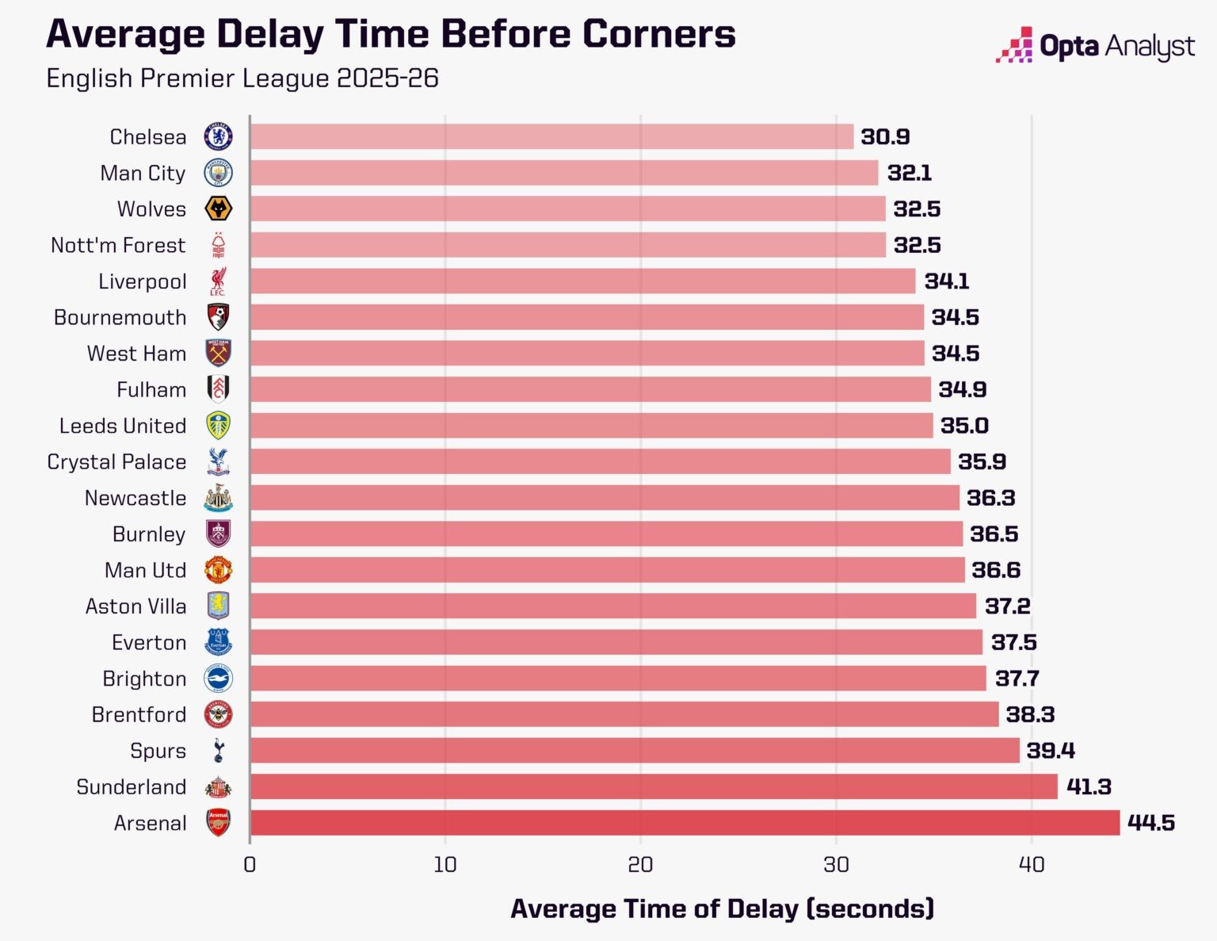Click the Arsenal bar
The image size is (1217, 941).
pos(685,823)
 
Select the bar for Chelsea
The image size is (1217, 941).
pos(551,136)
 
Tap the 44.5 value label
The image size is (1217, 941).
pos(1150,823)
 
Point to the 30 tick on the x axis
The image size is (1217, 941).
pos(836,865)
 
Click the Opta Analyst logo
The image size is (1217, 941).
pos(1095,47)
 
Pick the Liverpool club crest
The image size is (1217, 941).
pos(218,281)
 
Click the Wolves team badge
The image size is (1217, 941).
pos(218,209)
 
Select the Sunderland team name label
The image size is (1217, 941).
pos(132,787)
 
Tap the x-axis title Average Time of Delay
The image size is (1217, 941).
pos(722,908)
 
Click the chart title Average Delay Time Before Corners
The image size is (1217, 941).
pos(391,34)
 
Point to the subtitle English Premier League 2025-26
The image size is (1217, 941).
pos(242,78)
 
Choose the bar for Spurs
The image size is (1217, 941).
pos(634,751)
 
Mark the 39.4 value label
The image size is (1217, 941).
pos(1051,751)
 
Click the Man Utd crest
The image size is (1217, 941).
pos(218,570)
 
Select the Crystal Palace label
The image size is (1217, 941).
pos(116,462)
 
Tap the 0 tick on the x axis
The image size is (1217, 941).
pos(250,865)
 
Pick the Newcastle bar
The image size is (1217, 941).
pos(604,498)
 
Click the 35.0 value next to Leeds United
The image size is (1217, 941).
pos(964,426)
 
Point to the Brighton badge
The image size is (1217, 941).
pos(218,679)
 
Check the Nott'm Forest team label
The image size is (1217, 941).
pos(118,246)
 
